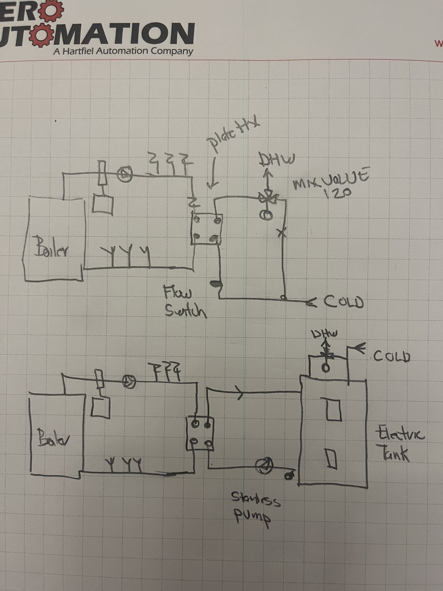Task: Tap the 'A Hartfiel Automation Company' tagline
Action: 123,51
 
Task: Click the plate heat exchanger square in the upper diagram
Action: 207,228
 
